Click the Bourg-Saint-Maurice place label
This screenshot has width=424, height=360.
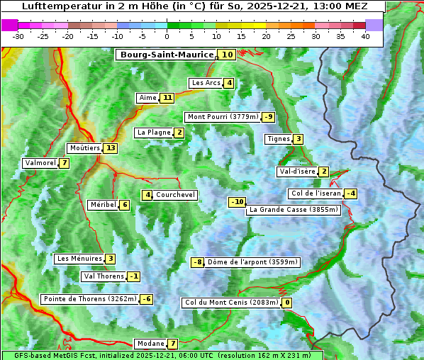tap(167, 55)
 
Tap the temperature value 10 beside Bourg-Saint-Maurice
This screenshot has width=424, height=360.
tap(227, 55)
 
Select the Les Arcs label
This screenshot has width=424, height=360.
tap(206, 83)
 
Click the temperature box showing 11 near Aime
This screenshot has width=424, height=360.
tap(167, 98)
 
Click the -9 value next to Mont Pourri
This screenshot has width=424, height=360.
tap(268, 117)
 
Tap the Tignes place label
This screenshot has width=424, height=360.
tap(278, 139)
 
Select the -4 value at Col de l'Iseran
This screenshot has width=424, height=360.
tap(350, 193)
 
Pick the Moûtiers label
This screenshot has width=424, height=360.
tap(84, 148)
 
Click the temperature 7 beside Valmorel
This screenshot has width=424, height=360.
tap(65, 163)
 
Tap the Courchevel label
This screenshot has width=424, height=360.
tap(175, 195)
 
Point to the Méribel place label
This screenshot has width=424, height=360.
tap(103, 205)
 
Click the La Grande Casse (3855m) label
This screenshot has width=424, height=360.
tap(294, 210)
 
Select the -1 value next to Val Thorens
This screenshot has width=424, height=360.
tap(134, 276)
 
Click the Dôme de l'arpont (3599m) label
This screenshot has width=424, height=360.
tap(253, 262)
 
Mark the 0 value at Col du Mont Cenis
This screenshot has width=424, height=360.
tap(287, 303)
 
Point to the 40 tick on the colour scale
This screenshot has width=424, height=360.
tap(365, 36)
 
